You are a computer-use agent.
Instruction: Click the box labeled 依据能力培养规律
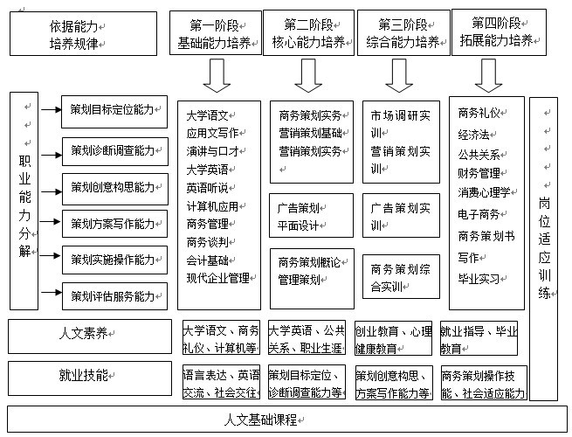click(x=83, y=33)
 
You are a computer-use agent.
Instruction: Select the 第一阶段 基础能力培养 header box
click(x=216, y=33)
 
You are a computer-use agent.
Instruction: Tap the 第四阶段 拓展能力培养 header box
click(x=499, y=32)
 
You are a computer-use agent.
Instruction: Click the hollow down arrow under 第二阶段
click(x=308, y=75)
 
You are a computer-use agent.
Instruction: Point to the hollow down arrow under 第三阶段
click(x=399, y=75)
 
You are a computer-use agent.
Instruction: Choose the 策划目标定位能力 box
click(x=114, y=112)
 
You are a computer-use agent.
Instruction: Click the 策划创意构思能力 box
click(x=115, y=189)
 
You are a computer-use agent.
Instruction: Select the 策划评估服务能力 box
click(x=114, y=296)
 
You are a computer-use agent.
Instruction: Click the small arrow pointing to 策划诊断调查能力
click(x=52, y=156)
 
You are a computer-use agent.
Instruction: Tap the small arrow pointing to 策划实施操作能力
click(x=51, y=255)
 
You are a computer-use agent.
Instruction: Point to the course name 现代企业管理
click(x=218, y=278)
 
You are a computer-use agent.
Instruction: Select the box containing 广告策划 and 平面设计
click(x=311, y=215)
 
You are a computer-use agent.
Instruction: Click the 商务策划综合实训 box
click(x=401, y=277)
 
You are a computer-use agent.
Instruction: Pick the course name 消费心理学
click(x=484, y=192)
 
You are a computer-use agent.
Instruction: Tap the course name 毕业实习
click(x=479, y=279)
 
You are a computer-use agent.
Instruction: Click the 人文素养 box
click(x=90, y=336)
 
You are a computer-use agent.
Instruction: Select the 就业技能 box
click(x=90, y=378)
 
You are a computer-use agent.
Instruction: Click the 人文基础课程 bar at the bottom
click(x=287, y=420)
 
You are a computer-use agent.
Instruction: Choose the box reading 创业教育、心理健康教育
click(x=393, y=338)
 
